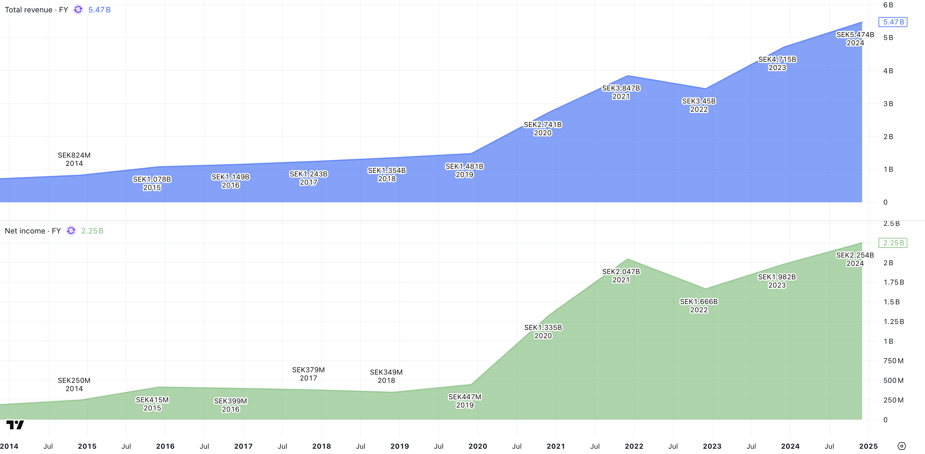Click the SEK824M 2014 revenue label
pyautogui.click(x=74, y=159)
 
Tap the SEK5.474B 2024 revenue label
pyautogui.click(x=855, y=39)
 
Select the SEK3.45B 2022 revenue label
pyautogui.click(x=699, y=105)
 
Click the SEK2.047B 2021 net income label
pyautogui.click(x=621, y=276)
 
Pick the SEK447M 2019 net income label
pyautogui.click(x=465, y=401)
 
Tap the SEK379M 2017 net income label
pyautogui.click(x=309, y=374)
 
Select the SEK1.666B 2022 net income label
pyautogui.click(x=699, y=306)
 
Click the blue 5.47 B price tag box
pyautogui.click(x=893, y=22)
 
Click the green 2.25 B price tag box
pyautogui.click(x=893, y=243)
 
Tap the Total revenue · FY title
pyautogui.click(x=36, y=10)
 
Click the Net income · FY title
pyautogui.click(x=33, y=231)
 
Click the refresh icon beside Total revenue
pyautogui.click(x=78, y=10)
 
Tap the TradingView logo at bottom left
pyautogui.click(x=15, y=425)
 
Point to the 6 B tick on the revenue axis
pyautogui.click(x=888, y=5)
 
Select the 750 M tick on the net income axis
pyautogui.click(x=893, y=361)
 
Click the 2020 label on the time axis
pyautogui.click(x=477, y=446)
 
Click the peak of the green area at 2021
pyautogui.click(x=628, y=259)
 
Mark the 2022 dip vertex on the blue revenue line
pyautogui.click(x=706, y=89)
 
